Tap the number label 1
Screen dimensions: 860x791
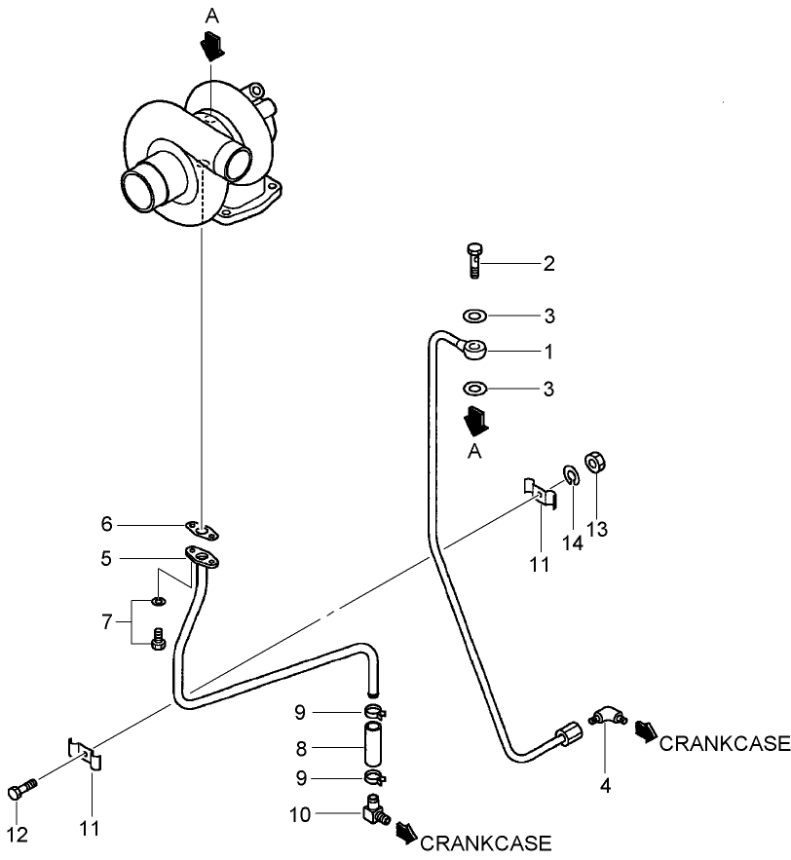[548, 350]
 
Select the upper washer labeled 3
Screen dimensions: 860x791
[475, 317]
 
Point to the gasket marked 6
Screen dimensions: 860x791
[202, 531]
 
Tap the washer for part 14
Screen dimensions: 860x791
[570, 476]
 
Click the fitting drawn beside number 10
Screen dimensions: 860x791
[374, 808]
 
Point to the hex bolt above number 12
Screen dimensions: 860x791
[21, 790]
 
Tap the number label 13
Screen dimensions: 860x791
[596, 529]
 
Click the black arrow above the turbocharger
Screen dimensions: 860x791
[211, 45]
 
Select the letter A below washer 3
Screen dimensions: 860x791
[473, 450]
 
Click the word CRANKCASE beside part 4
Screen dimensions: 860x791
[724, 745]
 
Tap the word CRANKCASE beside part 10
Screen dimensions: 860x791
[485, 843]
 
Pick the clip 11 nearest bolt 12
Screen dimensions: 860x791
[85, 753]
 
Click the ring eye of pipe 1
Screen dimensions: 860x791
[475, 348]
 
